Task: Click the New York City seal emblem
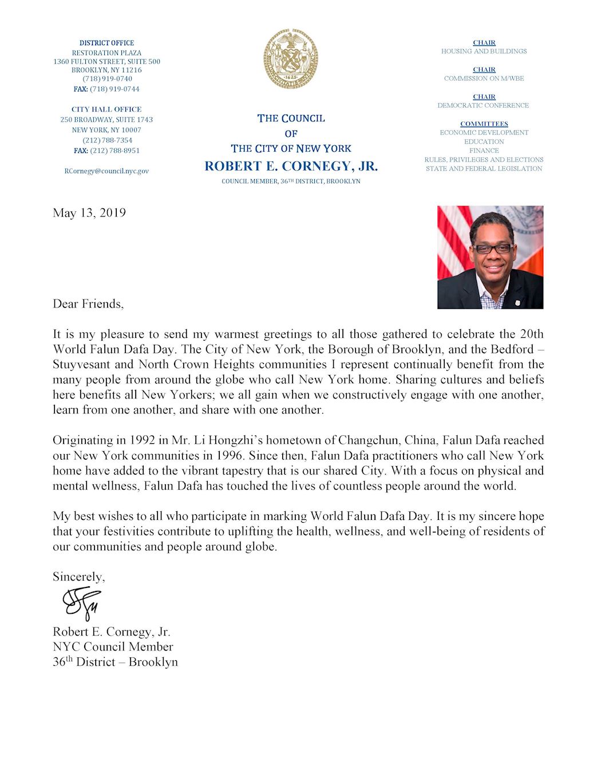[291, 59]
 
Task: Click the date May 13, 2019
[89, 213]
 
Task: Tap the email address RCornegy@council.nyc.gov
[106, 171]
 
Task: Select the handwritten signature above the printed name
[82, 602]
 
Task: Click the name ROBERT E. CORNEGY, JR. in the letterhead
[291, 166]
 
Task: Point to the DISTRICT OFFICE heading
[106, 43]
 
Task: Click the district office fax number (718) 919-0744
[114, 89]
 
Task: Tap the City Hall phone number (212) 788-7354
[107, 140]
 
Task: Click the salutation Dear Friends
[88, 304]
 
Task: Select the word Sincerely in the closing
[78, 577]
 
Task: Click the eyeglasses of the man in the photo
[492, 249]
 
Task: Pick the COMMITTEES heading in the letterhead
[484, 124]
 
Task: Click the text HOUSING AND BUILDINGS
[484, 52]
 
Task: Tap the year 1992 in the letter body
[142, 440]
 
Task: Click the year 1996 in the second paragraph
[231, 456]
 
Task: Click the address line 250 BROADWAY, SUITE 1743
[106, 120]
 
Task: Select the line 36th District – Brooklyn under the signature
[115, 662]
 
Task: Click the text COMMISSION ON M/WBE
[484, 78]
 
